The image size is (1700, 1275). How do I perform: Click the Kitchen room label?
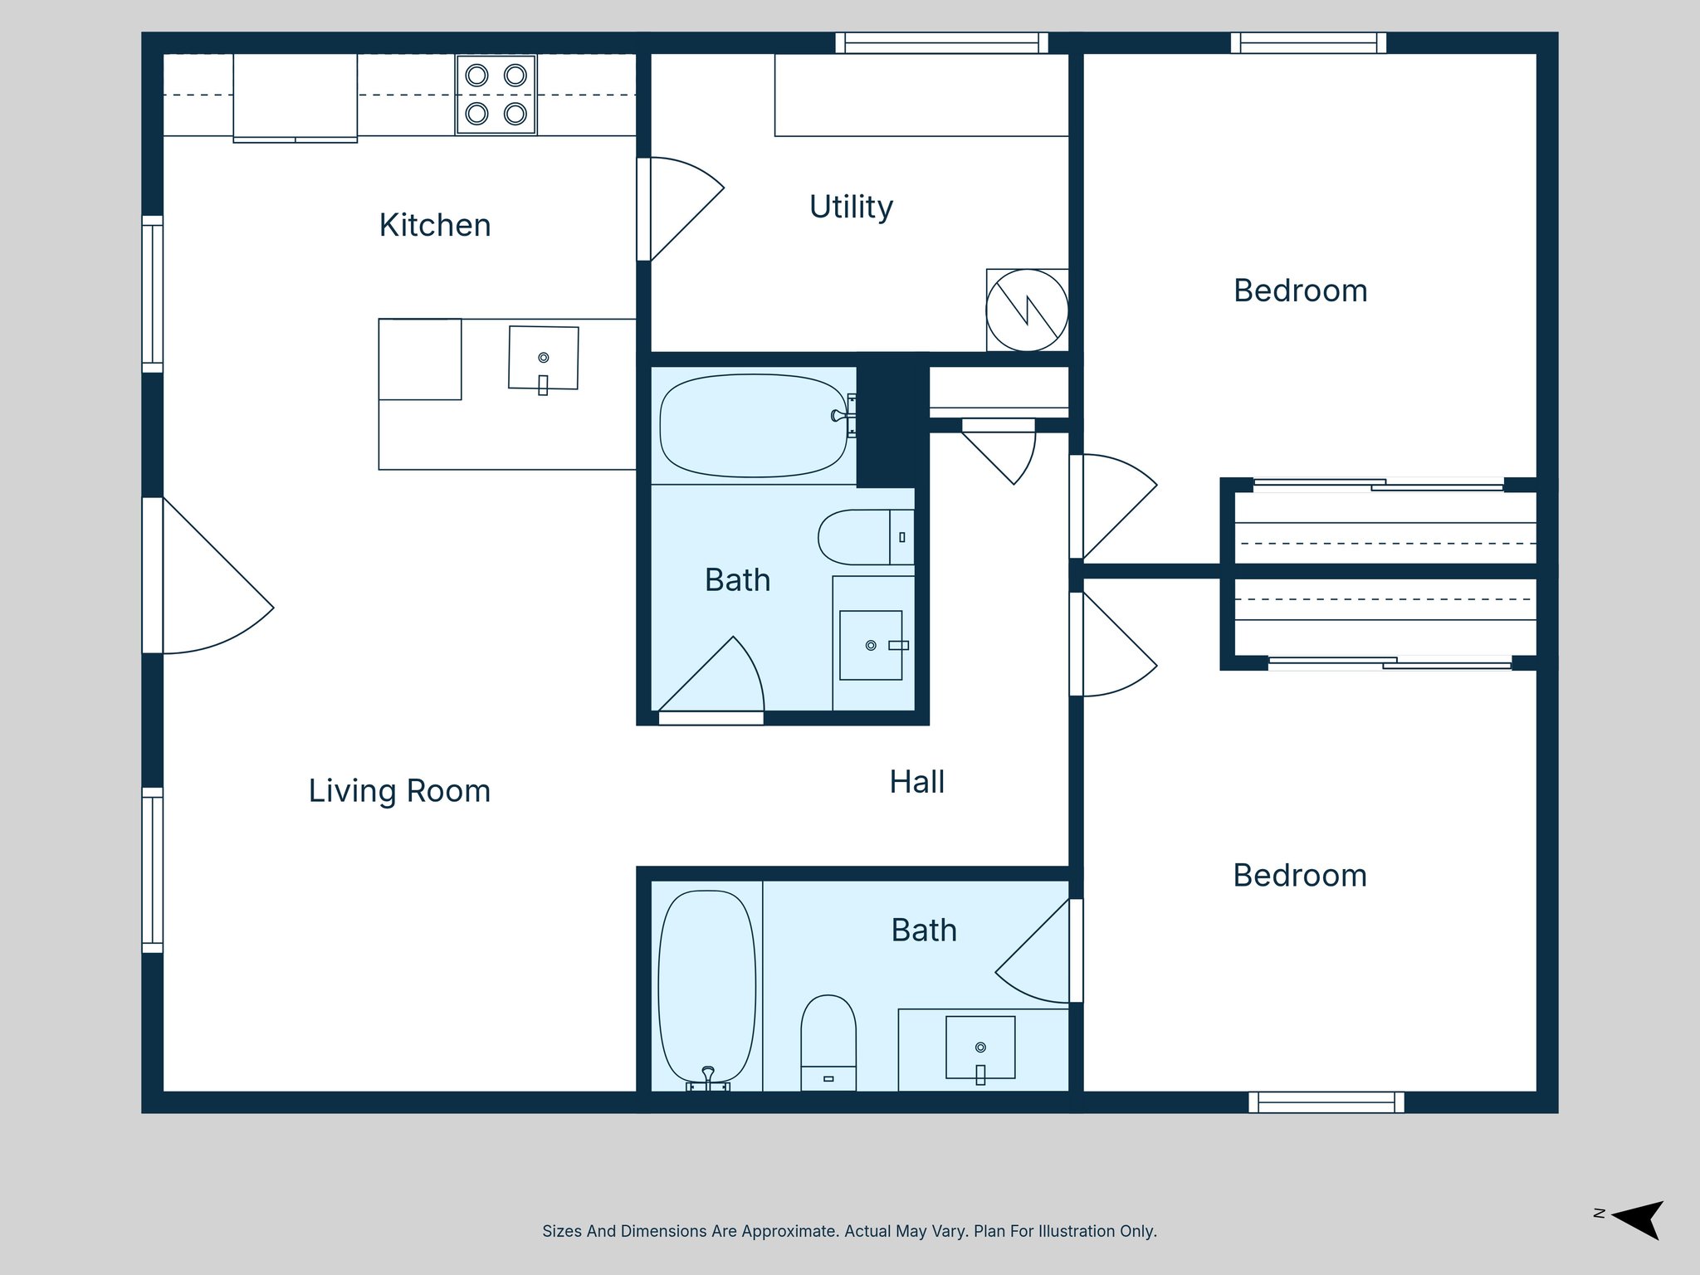pyautogui.click(x=435, y=226)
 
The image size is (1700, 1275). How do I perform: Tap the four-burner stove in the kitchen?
pyautogui.click(x=496, y=95)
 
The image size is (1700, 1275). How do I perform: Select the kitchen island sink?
pyautogui.click(x=544, y=358)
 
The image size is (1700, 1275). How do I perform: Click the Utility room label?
pyautogui.click(x=851, y=207)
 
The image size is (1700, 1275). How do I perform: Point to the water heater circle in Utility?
pyautogui.click(x=1027, y=310)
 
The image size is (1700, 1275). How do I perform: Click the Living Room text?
pyautogui.click(x=399, y=791)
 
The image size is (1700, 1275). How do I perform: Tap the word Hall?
pyautogui.click(x=916, y=782)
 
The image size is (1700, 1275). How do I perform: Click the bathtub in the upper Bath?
pyautogui.click(x=753, y=425)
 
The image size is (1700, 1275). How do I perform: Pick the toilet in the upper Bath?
pyautogui.click(x=863, y=537)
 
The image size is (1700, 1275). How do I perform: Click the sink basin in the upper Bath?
pyautogui.click(x=871, y=645)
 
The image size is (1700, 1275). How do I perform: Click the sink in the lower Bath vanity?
pyautogui.click(x=980, y=1048)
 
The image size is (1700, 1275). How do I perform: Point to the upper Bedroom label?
pyautogui.click(x=1300, y=291)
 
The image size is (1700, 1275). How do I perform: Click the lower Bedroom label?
pyautogui.click(x=1300, y=876)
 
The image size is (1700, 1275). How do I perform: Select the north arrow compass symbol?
pyautogui.click(x=1636, y=1219)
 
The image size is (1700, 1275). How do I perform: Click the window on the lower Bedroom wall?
pyautogui.click(x=1326, y=1102)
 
